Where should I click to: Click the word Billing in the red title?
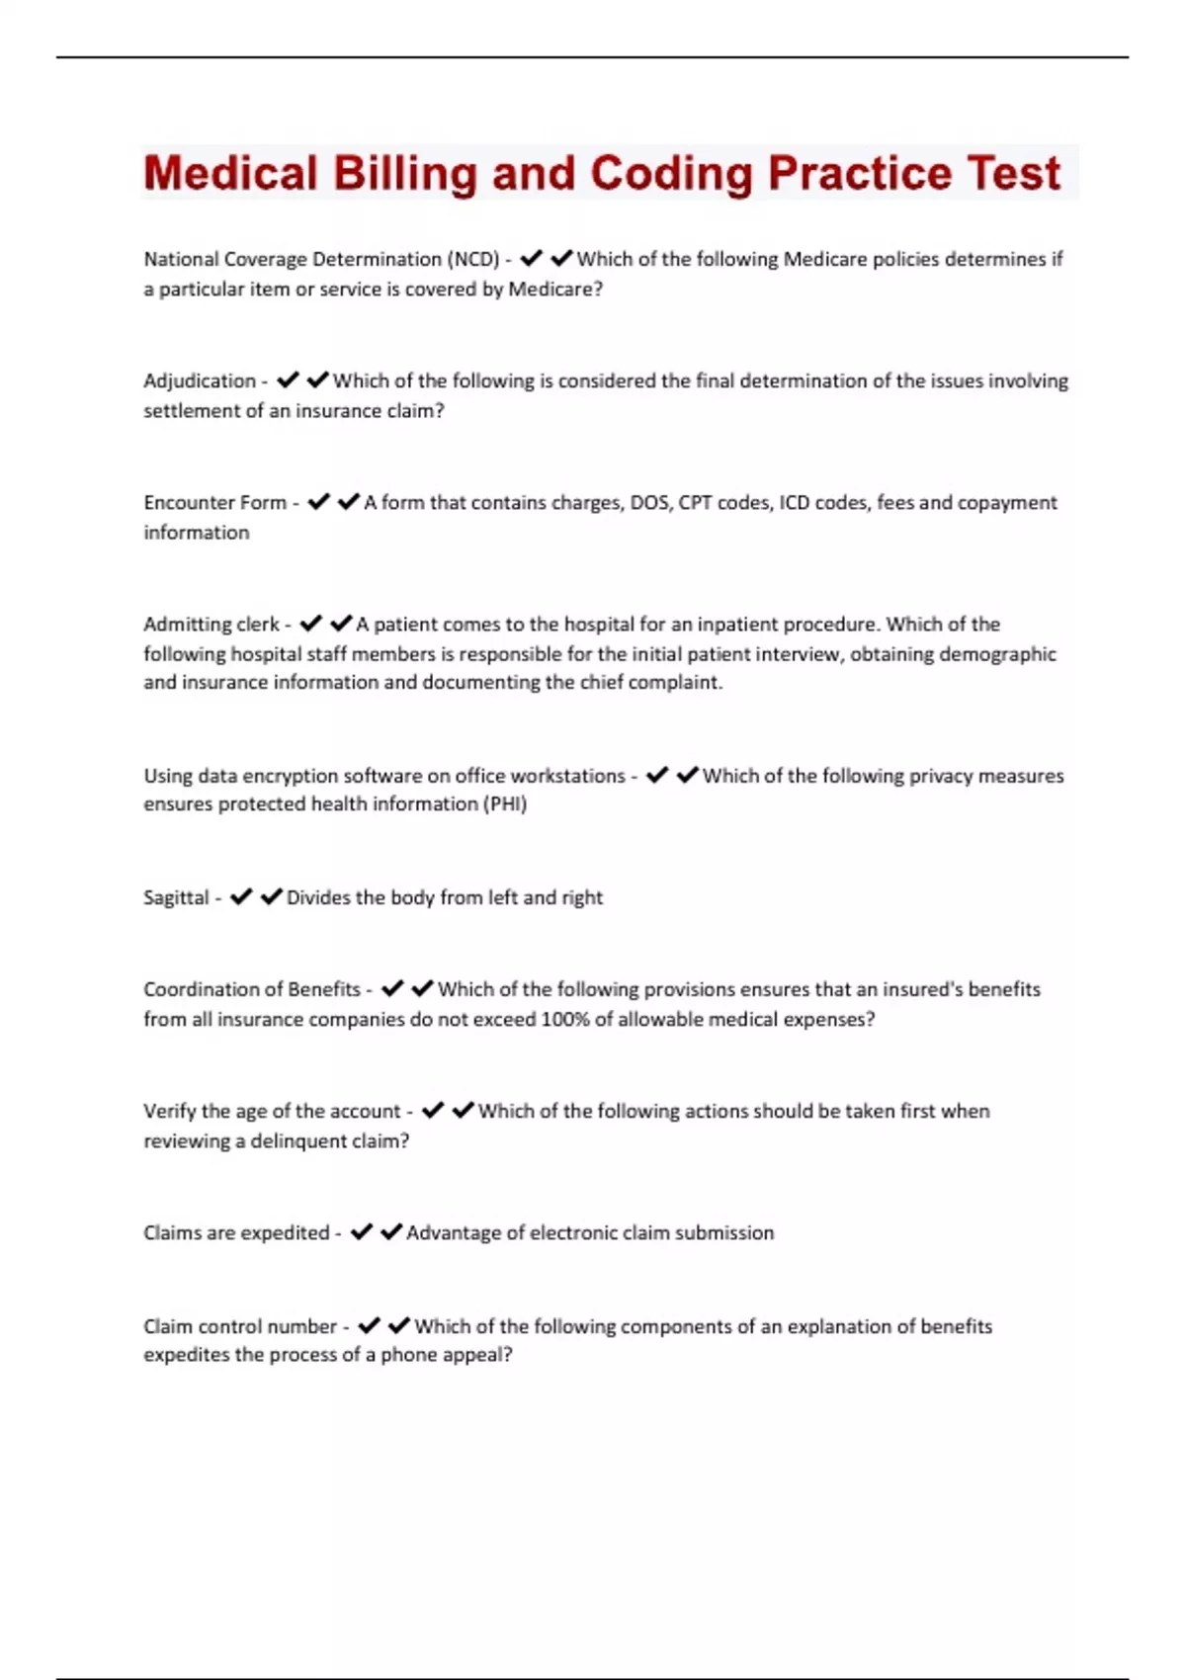tap(404, 174)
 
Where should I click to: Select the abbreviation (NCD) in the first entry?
tap(473, 259)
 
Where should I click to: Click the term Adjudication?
tap(200, 380)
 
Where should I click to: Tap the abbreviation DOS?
tap(648, 502)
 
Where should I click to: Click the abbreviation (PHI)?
tap(505, 804)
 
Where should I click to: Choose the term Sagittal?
tap(176, 897)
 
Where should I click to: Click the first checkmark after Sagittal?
tap(241, 897)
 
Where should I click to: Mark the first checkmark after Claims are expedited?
tap(362, 1232)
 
